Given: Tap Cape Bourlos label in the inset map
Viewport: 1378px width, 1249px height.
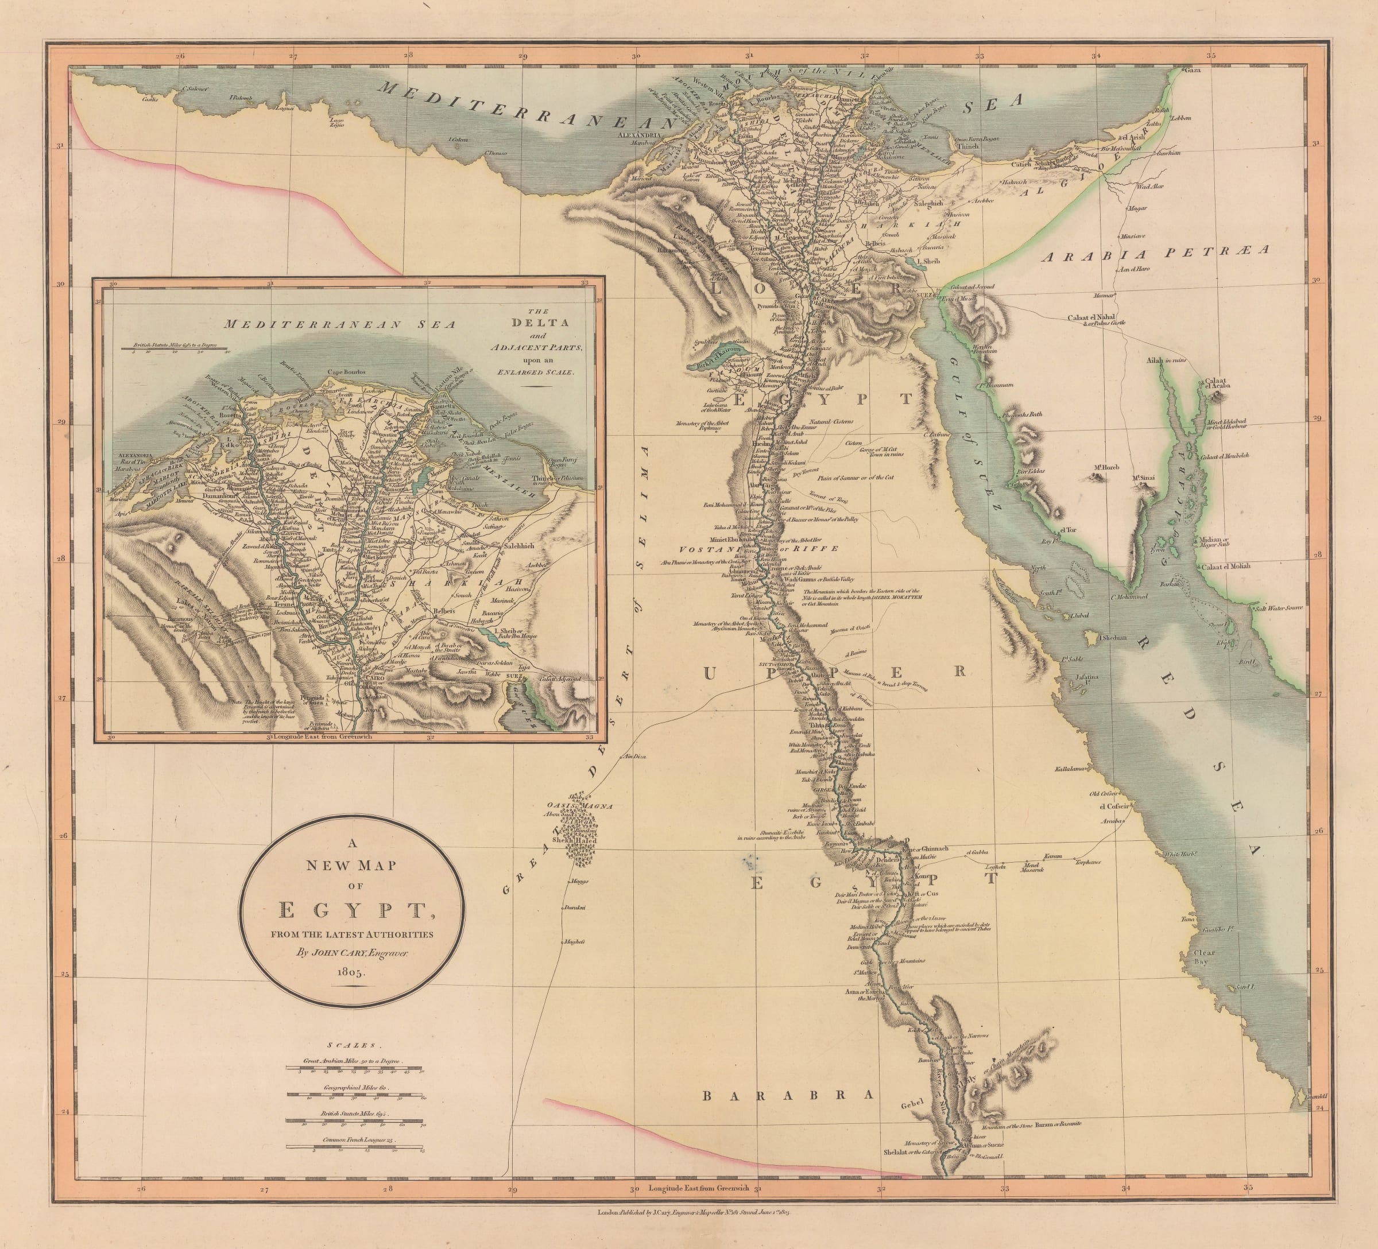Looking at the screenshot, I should (347, 372).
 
